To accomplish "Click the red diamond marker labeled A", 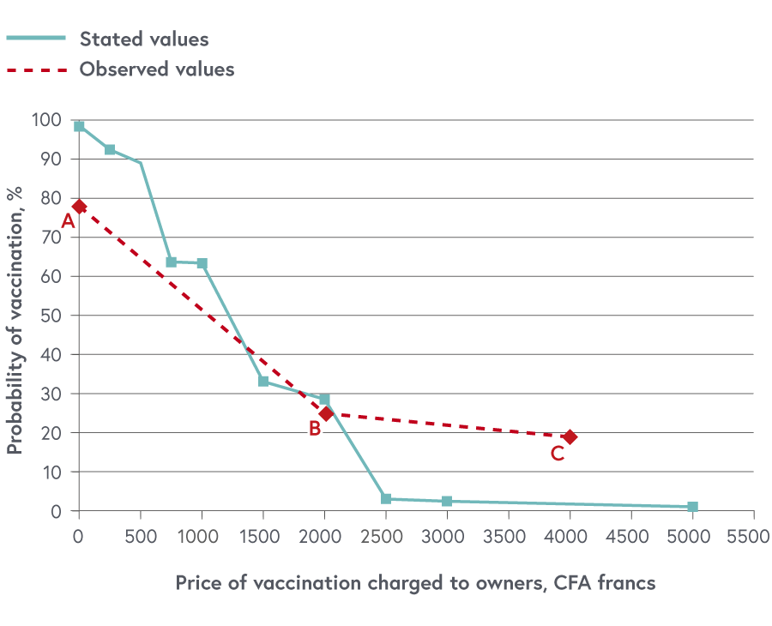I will (79, 207).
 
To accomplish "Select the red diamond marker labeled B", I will (326, 413).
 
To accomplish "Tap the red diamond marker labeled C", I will (570, 437).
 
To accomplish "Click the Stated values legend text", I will (144, 39).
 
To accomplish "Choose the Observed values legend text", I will (157, 69).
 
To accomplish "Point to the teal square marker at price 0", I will (79, 126).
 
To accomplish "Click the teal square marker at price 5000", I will (692, 507).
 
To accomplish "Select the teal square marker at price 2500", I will (386, 499).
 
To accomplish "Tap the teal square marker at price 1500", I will (263, 381).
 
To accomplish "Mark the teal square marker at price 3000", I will (447, 501).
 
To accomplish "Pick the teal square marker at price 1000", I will (202, 263).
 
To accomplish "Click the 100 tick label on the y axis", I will (48, 120).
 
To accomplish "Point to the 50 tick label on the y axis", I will (52, 316).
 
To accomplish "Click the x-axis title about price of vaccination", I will (415, 583).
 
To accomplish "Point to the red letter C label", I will (558, 454).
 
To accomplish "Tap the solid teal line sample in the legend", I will (36, 39).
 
